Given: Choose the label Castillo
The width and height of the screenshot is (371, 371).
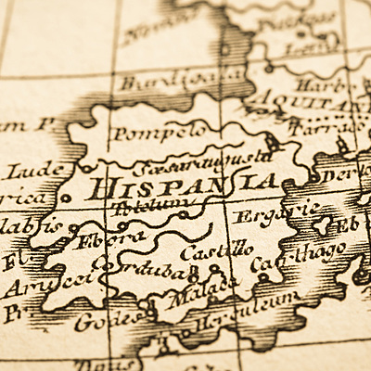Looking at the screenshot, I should (214, 250).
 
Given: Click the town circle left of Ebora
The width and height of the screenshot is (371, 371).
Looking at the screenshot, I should (72, 228).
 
